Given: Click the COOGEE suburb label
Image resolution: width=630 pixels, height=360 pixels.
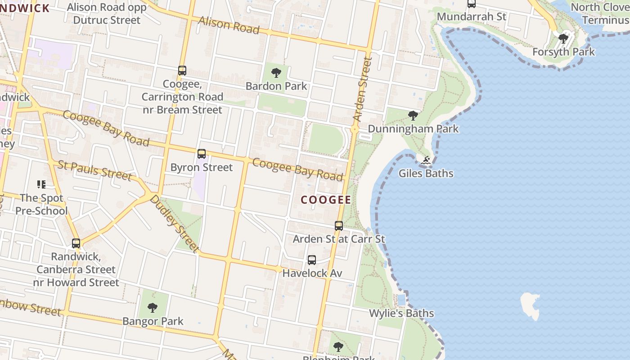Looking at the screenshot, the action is pos(326,200).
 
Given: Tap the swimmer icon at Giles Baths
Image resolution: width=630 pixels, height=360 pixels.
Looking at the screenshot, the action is pos(426,160).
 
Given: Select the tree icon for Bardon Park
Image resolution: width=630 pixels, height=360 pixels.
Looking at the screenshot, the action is pos(276,72).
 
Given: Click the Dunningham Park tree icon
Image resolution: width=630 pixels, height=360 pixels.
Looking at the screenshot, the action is pos(413,116).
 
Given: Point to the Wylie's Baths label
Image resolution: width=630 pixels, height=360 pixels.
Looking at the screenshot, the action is pos(401,313).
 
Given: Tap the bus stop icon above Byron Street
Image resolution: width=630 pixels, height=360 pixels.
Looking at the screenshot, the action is pos(202,154).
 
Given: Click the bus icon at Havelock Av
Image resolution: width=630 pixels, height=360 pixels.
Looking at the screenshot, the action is pos(312,260).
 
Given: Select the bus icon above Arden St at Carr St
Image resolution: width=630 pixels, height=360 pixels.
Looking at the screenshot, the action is pos(339,225).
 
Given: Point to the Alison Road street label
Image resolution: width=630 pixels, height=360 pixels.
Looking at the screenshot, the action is pos(229,25).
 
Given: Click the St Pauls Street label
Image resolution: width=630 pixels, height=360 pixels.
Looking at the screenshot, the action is pos(95,170).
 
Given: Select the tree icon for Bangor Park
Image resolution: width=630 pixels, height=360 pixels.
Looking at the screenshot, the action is pos(153,308).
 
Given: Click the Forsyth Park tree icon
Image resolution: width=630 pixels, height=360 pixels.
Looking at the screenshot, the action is pos(563,39).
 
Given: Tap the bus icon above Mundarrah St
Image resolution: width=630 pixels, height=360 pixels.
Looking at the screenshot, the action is pos(471,4).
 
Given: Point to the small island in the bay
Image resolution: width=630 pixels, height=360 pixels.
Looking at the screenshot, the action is pos(530,305).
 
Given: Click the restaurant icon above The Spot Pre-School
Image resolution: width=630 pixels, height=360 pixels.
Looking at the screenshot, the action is pos(41,184).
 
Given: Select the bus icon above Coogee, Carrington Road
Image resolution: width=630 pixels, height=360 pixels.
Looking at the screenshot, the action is pos(182,71).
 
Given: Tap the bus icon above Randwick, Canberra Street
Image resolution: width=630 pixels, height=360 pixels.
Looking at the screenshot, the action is pos(76,243).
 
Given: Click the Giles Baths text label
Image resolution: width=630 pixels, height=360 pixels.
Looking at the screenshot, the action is pos(426,173).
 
